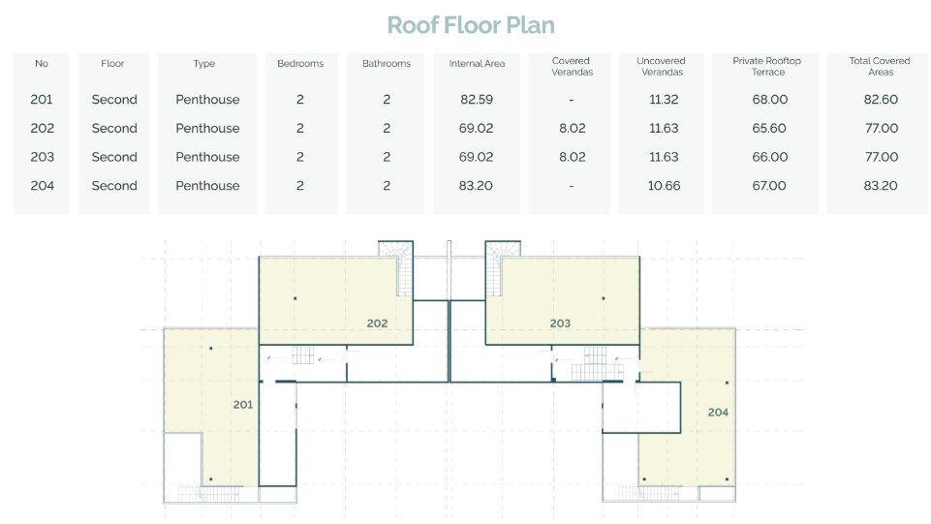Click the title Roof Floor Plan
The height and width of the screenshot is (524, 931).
point(471,25)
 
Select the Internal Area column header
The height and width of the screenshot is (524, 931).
point(477,64)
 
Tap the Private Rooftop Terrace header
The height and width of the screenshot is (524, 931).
point(767,67)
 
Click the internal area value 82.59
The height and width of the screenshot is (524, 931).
point(477,100)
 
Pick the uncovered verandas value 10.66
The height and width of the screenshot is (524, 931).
point(664,186)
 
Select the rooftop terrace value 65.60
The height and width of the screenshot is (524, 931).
point(769,128)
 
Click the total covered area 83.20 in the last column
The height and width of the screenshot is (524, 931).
point(881,186)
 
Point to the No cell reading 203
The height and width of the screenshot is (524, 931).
point(43,157)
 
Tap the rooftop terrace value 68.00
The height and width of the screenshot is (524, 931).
point(770,100)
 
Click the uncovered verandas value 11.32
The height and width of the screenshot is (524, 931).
point(664,100)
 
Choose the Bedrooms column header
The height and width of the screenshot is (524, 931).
point(300,64)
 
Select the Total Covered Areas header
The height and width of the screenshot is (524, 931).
point(880,67)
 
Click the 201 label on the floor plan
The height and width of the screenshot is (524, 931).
point(243,405)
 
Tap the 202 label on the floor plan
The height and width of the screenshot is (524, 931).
point(377,324)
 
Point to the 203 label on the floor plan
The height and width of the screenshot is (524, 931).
point(560,324)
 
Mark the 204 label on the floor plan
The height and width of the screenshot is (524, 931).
point(718,413)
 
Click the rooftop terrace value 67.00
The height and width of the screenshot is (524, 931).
point(769,186)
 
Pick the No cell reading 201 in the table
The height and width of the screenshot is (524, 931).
point(42,100)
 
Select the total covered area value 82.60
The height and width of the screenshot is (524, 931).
point(881,100)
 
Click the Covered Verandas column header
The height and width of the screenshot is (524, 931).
point(572,67)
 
